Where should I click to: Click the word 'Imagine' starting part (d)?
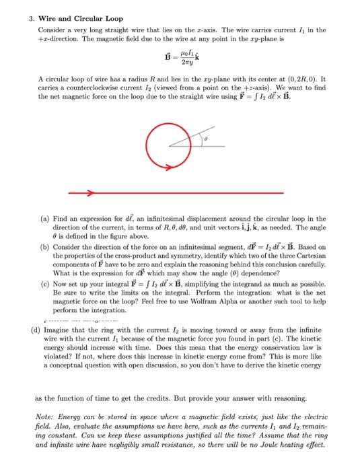[x=57, y=332]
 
